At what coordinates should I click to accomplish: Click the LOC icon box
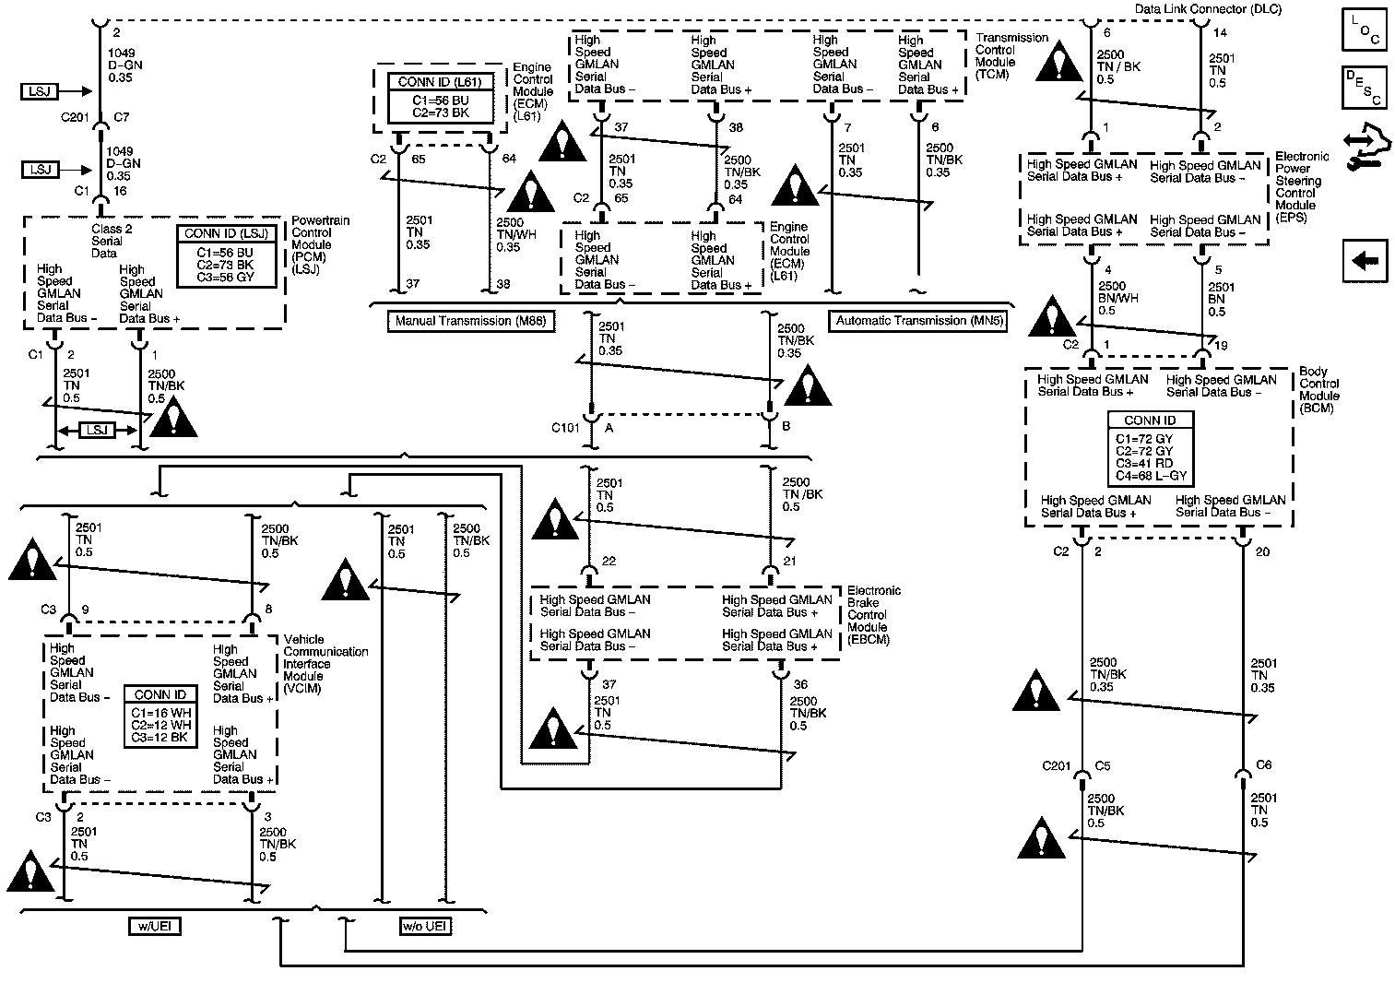pos(1365,30)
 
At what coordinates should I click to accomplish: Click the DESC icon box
pos(1365,88)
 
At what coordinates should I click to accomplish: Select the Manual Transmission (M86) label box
pos(471,322)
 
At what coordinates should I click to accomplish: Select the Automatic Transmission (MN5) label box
pos(919,321)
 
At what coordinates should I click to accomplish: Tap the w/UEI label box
pos(155,927)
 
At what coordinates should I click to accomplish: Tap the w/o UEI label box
pos(425,927)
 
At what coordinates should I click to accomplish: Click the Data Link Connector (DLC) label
pos(1208,8)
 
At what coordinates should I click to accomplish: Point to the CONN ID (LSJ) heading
pos(226,233)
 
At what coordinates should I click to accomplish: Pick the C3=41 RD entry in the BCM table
pos(1144,464)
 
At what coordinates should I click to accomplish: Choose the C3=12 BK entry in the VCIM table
pos(160,738)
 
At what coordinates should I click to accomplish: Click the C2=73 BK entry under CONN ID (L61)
pos(441,113)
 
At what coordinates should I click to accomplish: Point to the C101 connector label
pos(565,428)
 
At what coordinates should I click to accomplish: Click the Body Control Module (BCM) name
pos(1319,390)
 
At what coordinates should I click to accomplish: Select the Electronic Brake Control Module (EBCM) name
pos(874,615)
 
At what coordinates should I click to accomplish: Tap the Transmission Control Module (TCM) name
pos(1011,56)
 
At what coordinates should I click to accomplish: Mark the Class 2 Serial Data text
pos(112,241)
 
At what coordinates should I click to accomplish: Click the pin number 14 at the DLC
pos(1220,33)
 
